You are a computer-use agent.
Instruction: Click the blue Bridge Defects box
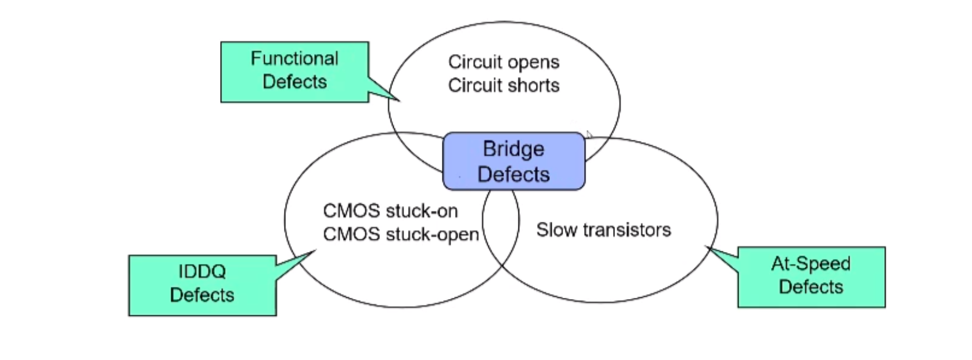pyautogui.click(x=514, y=161)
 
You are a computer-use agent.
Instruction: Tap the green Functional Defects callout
pyautogui.click(x=294, y=72)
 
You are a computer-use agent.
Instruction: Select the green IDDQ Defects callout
pyautogui.click(x=202, y=285)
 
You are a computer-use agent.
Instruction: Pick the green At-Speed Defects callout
pyautogui.click(x=811, y=277)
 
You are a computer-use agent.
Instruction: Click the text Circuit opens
pyautogui.click(x=503, y=62)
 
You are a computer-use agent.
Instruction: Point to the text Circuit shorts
pyautogui.click(x=503, y=85)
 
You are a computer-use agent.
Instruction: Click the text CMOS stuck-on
pyautogui.click(x=390, y=211)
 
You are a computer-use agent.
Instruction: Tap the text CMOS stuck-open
pyautogui.click(x=401, y=234)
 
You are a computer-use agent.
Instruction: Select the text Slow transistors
pyautogui.click(x=603, y=230)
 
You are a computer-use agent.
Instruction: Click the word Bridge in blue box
pyautogui.click(x=514, y=149)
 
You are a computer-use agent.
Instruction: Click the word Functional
pyautogui.click(x=294, y=59)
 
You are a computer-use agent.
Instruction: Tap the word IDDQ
pyautogui.click(x=202, y=271)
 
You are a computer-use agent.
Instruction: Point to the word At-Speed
pyautogui.click(x=811, y=264)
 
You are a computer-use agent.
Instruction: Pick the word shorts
pyautogui.click(x=533, y=85)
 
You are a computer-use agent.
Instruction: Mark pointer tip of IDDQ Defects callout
pyautogui.click(x=315, y=251)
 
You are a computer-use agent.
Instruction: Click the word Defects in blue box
pyautogui.click(x=514, y=174)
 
